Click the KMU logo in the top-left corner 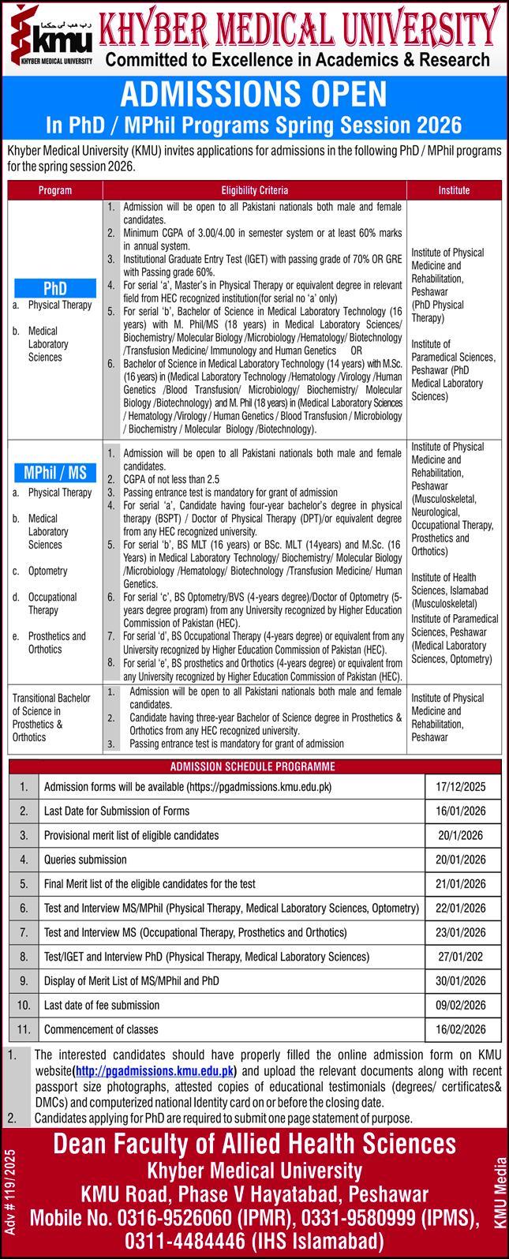(49, 36)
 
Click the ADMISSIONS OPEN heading (254, 96)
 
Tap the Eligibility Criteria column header (254, 190)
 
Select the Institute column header (454, 190)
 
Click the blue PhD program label (55, 287)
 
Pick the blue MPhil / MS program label (55, 474)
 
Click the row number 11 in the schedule (24, 1029)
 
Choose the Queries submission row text (85, 860)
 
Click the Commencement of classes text (101, 1029)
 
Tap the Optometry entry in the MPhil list (47, 571)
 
